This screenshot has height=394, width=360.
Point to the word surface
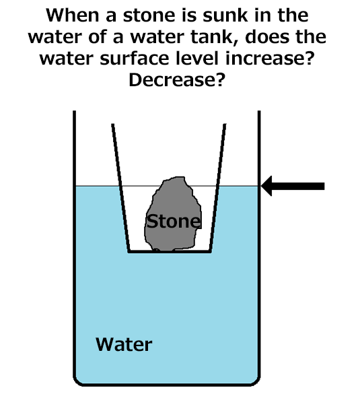(135, 59)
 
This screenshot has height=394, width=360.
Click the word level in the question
(198, 59)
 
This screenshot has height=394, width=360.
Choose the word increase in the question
(270, 59)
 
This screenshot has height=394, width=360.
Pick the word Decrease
(176, 80)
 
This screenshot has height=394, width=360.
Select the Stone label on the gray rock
(174, 222)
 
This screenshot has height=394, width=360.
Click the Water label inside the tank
(124, 344)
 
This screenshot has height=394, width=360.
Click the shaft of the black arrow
(298, 186)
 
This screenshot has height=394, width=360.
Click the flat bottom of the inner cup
(170, 251)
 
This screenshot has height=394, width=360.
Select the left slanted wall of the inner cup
(120, 188)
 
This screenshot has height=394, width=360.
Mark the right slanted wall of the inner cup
(217, 188)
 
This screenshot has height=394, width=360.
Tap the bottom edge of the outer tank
(167, 384)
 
